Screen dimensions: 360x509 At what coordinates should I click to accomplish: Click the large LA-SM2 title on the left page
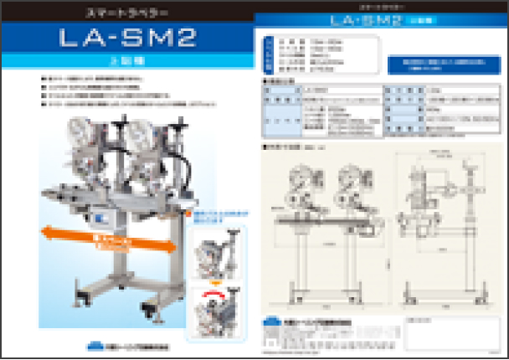pyautogui.click(x=126, y=40)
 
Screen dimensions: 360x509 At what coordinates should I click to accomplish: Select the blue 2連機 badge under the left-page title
pyautogui.click(x=126, y=61)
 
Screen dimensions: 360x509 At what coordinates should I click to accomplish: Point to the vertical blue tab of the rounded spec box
pyautogui.click(x=267, y=58)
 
